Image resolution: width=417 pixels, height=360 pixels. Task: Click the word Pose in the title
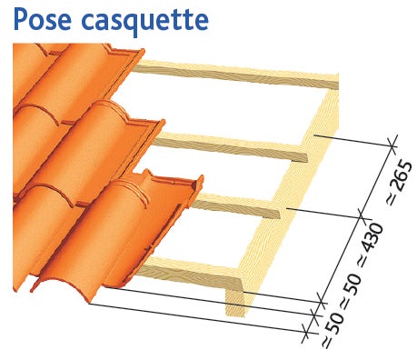click(42, 18)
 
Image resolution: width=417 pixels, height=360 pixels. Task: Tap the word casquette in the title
click(144, 21)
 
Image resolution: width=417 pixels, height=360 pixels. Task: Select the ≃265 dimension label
click(400, 183)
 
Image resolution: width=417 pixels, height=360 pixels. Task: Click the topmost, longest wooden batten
click(236, 74)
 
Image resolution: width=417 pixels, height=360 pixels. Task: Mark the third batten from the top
click(236, 206)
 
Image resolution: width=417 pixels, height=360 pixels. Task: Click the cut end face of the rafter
click(235, 302)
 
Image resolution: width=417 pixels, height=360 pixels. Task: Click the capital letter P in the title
click(20, 18)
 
